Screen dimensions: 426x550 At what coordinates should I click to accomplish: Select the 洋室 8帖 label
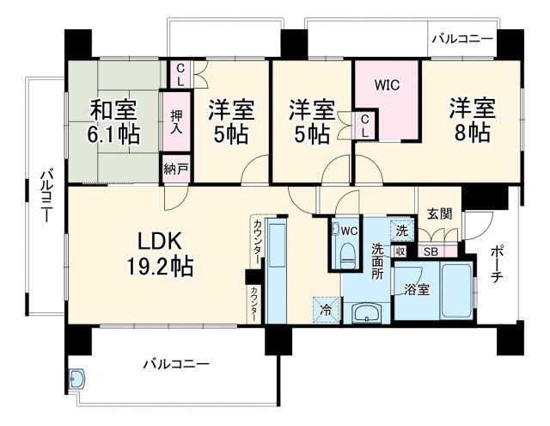(467, 120)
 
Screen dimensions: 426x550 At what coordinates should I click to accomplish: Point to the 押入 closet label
(176, 120)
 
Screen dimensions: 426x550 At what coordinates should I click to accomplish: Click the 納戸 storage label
(175, 169)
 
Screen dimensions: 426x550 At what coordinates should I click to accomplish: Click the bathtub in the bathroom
(455, 290)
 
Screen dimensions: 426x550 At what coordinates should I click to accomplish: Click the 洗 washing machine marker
(401, 230)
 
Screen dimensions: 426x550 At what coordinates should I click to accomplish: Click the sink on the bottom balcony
(77, 379)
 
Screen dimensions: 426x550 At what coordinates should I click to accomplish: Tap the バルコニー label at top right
(462, 39)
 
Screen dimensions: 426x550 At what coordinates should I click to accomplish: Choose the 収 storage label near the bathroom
(400, 251)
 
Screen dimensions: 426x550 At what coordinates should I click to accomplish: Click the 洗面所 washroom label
(377, 262)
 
